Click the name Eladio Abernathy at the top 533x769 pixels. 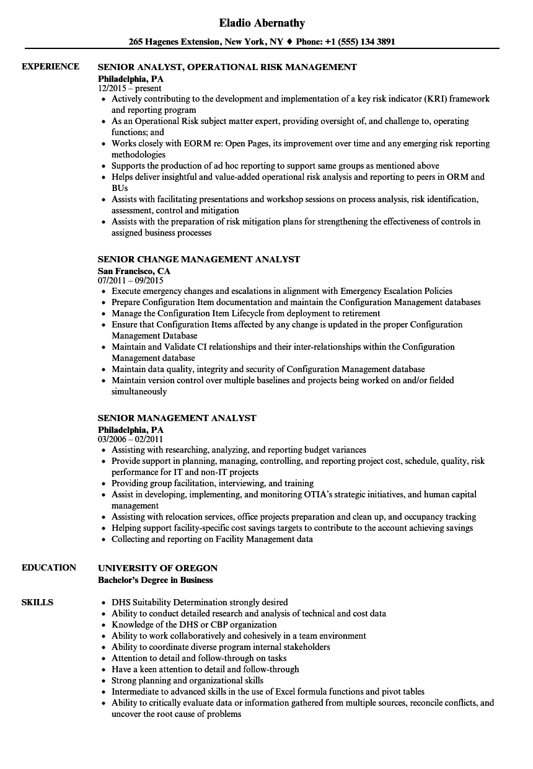(262, 24)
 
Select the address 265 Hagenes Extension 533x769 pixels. (174, 42)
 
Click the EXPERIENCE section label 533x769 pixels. (50, 66)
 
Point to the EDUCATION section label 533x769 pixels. (49, 567)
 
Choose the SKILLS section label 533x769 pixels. (37, 602)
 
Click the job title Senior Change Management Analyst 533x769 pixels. (199, 259)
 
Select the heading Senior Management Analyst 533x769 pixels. (177, 418)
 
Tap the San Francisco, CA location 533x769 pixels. (134, 271)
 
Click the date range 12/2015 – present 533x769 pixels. (130, 89)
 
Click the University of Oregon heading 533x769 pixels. (158, 568)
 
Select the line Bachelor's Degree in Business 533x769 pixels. (156, 580)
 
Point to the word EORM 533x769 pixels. (175, 143)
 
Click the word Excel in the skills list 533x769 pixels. (298, 691)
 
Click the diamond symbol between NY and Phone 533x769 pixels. (290, 42)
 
